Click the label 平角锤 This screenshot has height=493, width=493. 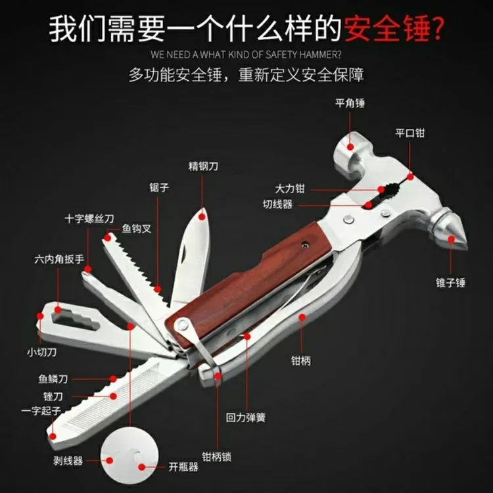[350, 103]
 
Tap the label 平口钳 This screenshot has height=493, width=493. [410, 132]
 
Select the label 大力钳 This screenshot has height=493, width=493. [290, 189]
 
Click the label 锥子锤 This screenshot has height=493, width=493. [452, 282]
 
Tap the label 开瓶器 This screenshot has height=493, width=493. [183, 467]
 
